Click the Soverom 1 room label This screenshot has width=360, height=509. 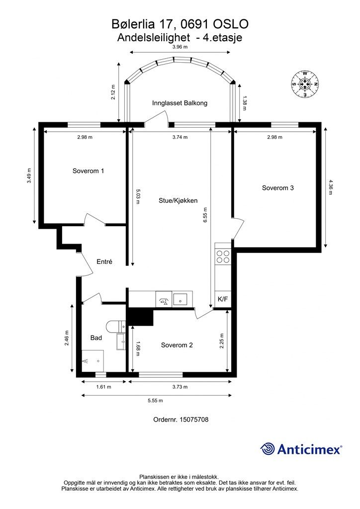coord(88,171)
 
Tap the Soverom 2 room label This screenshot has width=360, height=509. coord(177,345)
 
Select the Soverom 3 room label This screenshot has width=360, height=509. coord(277,187)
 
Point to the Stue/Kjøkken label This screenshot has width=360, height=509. coord(178,201)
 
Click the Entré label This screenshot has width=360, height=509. coord(104,261)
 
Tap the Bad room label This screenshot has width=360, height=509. coord(96,338)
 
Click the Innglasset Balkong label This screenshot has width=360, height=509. coord(180,103)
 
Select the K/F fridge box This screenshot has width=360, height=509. coord(223,299)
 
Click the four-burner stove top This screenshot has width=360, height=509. coord(223,256)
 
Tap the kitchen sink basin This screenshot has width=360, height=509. coord(180,299)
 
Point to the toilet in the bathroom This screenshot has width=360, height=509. coord(115,327)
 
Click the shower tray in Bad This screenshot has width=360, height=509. coord(92,361)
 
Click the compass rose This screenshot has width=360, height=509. coord(305,84)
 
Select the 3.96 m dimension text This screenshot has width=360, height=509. coord(180,47)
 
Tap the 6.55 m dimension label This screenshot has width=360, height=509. coord(205,215)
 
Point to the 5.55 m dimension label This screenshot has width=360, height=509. coord(155,401)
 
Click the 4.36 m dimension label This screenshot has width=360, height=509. coord(331,187)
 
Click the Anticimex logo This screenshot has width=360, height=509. coord(301,449)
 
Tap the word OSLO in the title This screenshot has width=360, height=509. coord(231,24)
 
